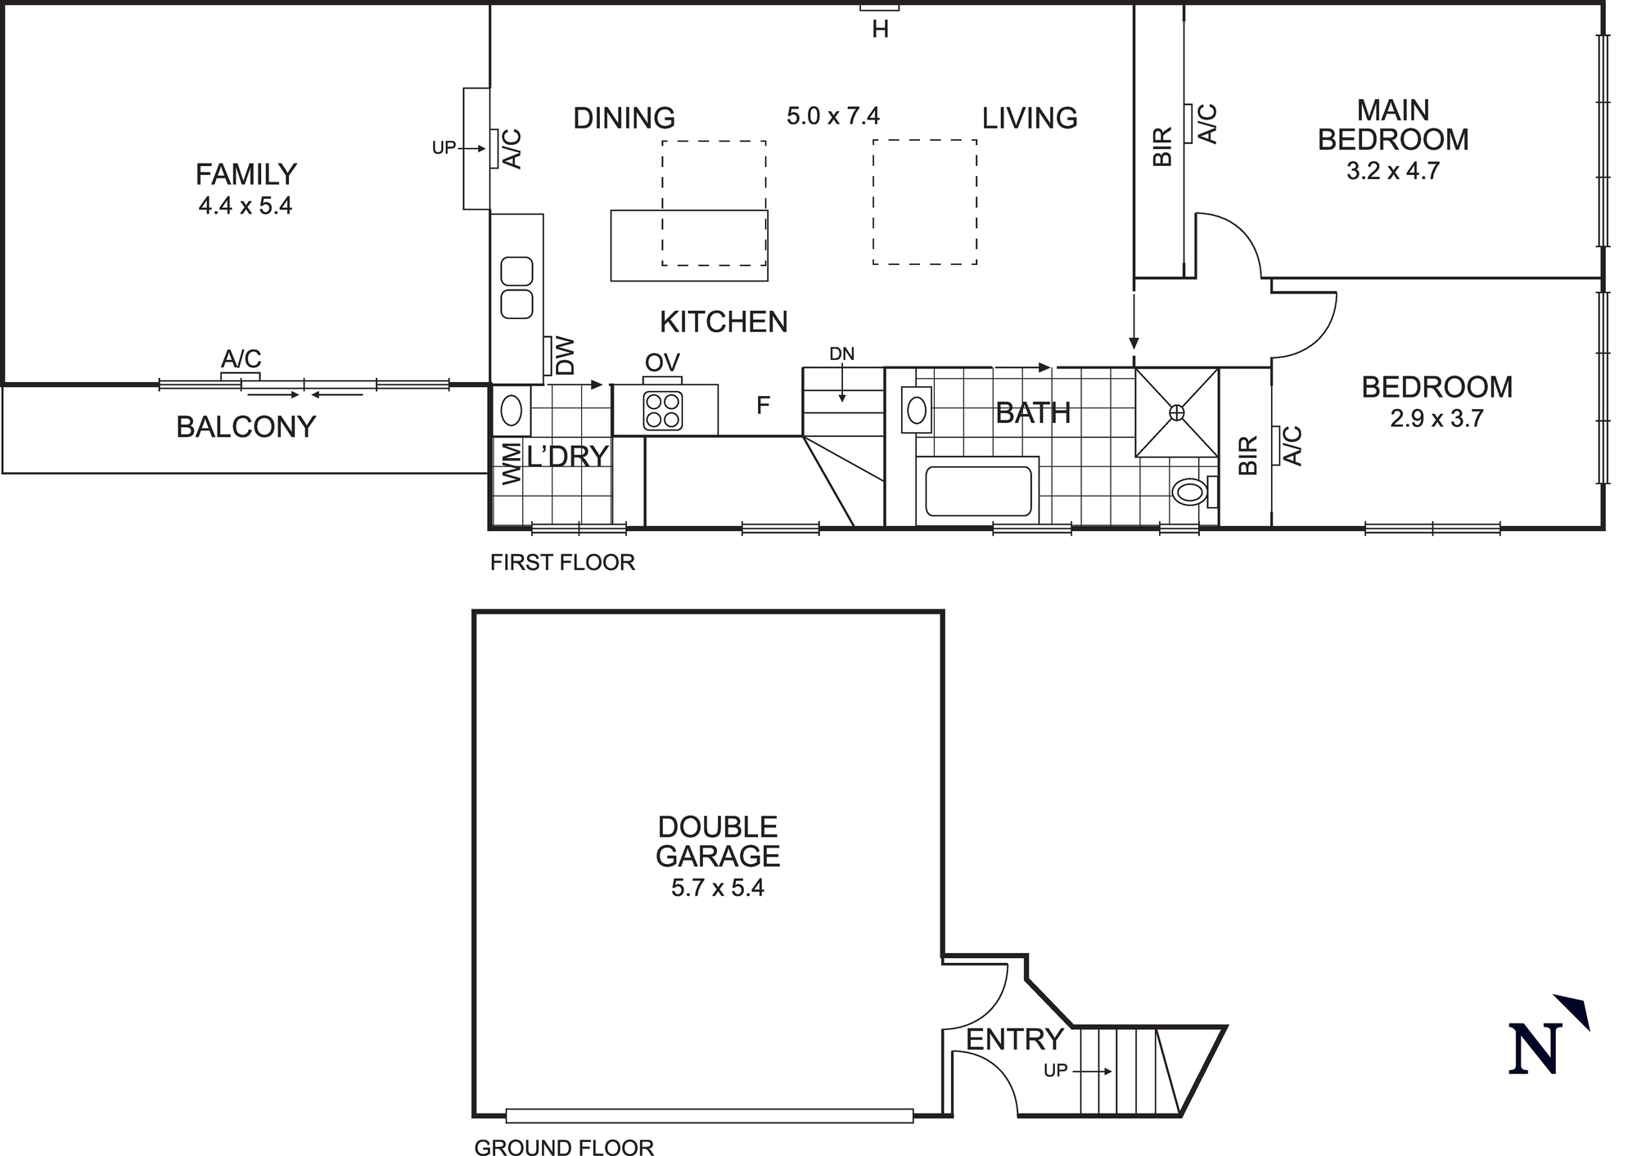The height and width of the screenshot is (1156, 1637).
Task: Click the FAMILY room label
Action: point(246,174)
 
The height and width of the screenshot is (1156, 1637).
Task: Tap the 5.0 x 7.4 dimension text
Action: point(833,116)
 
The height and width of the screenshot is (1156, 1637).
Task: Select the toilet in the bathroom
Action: point(1189,492)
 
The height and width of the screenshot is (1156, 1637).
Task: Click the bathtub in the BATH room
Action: point(978,491)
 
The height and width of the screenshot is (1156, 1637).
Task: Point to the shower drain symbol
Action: point(1176,412)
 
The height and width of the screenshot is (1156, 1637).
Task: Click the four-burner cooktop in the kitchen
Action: point(663,411)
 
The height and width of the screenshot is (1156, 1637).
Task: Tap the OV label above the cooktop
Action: point(662,362)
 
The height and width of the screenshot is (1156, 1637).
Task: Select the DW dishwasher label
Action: point(565,356)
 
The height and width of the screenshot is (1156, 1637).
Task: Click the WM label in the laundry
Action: point(511,463)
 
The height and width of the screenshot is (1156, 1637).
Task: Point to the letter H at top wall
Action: point(880,30)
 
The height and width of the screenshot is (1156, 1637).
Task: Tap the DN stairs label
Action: point(841,354)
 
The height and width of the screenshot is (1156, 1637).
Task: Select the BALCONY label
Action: point(246,427)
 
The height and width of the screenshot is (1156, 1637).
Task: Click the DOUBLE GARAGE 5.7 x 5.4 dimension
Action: point(717,888)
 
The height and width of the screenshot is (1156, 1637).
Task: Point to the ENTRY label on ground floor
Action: point(1014,1040)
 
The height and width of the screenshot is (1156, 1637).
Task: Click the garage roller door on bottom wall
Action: point(709,1115)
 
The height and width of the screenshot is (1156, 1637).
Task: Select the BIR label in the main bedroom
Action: point(1162,147)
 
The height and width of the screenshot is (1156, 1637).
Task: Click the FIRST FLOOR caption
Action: point(562,563)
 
